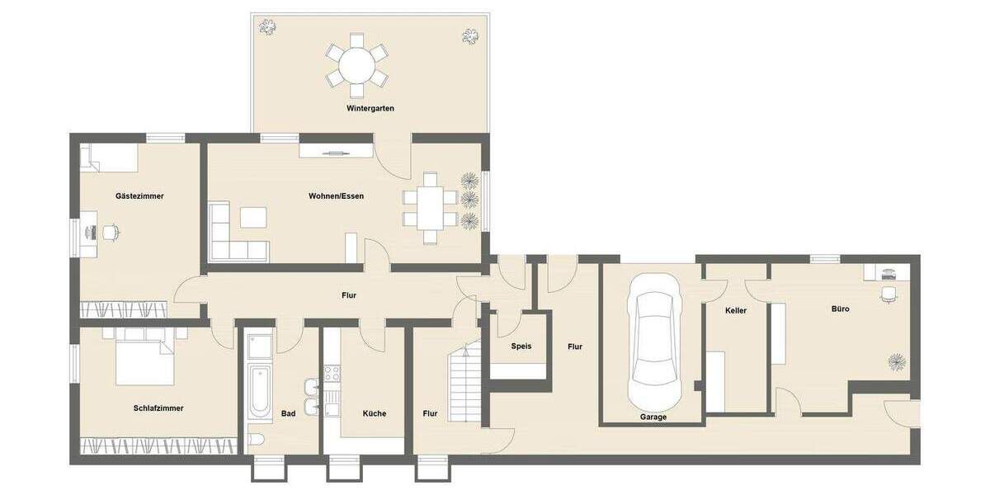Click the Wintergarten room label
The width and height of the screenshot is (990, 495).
[370, 108]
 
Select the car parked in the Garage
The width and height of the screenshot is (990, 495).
[654, 341]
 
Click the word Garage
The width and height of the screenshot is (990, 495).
[653, 417]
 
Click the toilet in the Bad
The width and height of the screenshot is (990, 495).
[256, 440]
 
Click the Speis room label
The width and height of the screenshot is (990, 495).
[521, 346]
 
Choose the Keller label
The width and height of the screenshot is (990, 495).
[735, 311]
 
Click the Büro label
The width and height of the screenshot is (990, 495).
[840, 309]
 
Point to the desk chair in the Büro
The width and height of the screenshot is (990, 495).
[889, 294]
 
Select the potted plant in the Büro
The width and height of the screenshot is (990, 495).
[896, 361]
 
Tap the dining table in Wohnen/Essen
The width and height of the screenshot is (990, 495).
[430, 208]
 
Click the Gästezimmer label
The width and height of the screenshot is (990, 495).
[139, 196]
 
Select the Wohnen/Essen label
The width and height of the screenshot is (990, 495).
[336, 196]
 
